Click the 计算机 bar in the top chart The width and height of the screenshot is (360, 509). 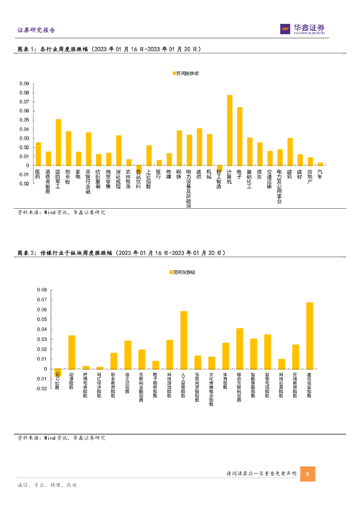[230, 130]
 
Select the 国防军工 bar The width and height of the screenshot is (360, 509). [58, 142]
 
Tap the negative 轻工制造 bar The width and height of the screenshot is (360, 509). [219, 168]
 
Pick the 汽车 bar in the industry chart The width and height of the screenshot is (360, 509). [320, 164]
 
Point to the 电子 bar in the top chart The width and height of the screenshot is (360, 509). [240, 136]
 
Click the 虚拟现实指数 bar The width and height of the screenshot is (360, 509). [309, 336]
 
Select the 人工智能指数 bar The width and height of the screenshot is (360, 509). [183, 340]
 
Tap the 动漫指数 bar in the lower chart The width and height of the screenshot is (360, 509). [72, 352]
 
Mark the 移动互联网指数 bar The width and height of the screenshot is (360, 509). [240, 348]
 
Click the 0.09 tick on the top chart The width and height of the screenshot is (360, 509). [24, 84]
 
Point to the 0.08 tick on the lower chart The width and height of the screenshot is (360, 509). [41, 290]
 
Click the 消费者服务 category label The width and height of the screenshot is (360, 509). [48, 180]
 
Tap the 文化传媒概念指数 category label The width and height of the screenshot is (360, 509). [211, 389]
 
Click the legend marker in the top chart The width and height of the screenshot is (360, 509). [175, 73]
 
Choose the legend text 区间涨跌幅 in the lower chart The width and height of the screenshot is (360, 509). [184, 272]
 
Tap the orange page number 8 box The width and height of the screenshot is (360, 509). [308, 474]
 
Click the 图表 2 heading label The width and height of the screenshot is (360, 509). [27, 253]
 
